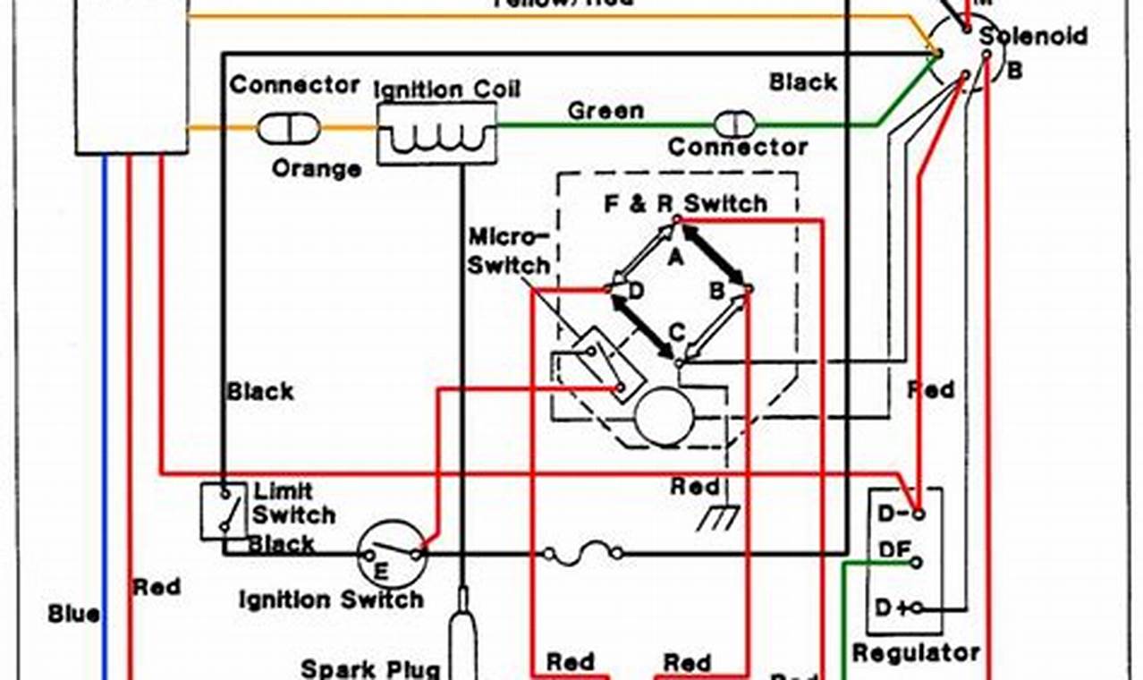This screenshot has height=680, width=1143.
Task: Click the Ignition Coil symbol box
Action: [x=436, y=133]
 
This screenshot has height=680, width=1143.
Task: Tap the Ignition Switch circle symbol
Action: [x=392, y=555]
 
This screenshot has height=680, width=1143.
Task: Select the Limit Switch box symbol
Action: [x=223, y=512]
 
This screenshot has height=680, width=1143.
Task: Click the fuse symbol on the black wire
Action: [x=584, y=556]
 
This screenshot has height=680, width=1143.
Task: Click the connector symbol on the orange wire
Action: [x=288, y=129]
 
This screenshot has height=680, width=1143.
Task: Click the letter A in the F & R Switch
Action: [x=676, y=257]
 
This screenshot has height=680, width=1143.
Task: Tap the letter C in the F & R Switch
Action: [x=677, y=333]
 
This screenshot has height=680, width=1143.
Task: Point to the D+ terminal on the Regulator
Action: [x=916, y=609]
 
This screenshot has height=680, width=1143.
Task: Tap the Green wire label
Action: [x=605, y=111]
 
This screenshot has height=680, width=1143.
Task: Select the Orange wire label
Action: [x=317, y=168]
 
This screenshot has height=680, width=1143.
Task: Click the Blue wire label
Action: [x=74, y=615]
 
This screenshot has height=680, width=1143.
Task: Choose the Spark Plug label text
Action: [x=370, y=667]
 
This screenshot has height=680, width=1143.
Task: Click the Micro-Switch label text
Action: [x=508, y=252]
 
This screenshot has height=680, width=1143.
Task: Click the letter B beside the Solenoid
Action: [x=1014, y=71]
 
